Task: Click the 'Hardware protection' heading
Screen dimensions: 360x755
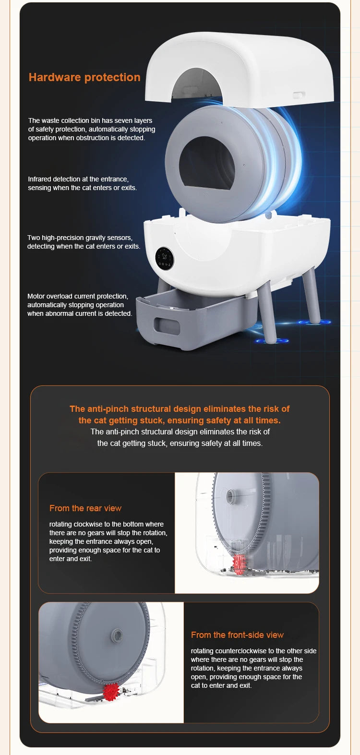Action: (x=84, y=77)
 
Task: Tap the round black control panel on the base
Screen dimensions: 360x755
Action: (x=165, y=259)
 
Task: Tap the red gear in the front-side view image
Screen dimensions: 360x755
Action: (x=111, y=692)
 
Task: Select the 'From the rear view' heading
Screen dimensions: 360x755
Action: (x=85, y=508)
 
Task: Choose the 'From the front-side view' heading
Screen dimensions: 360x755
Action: (x=237, y=635)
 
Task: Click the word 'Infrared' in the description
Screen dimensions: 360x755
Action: (x=40, y=179)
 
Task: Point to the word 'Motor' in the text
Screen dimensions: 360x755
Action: (x=36, y=296)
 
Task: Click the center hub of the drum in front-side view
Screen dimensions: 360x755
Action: (x=117, y=635)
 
